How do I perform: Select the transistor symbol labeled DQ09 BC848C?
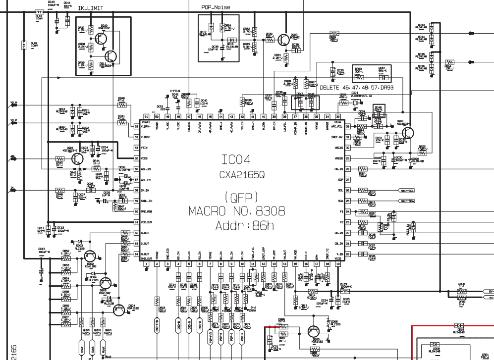tap(284, 39)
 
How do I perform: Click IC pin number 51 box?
tap(146, 116)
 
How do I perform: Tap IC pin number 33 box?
tap(338, 116)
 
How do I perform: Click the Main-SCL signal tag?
tap(409, 190)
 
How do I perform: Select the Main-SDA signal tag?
tap(409, 201)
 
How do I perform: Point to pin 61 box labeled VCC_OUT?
tap(136, 222)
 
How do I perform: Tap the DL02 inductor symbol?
tap(24, 45)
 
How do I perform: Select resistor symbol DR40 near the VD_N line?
tap(121, 104)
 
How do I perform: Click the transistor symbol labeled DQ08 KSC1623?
tap(408, 133)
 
